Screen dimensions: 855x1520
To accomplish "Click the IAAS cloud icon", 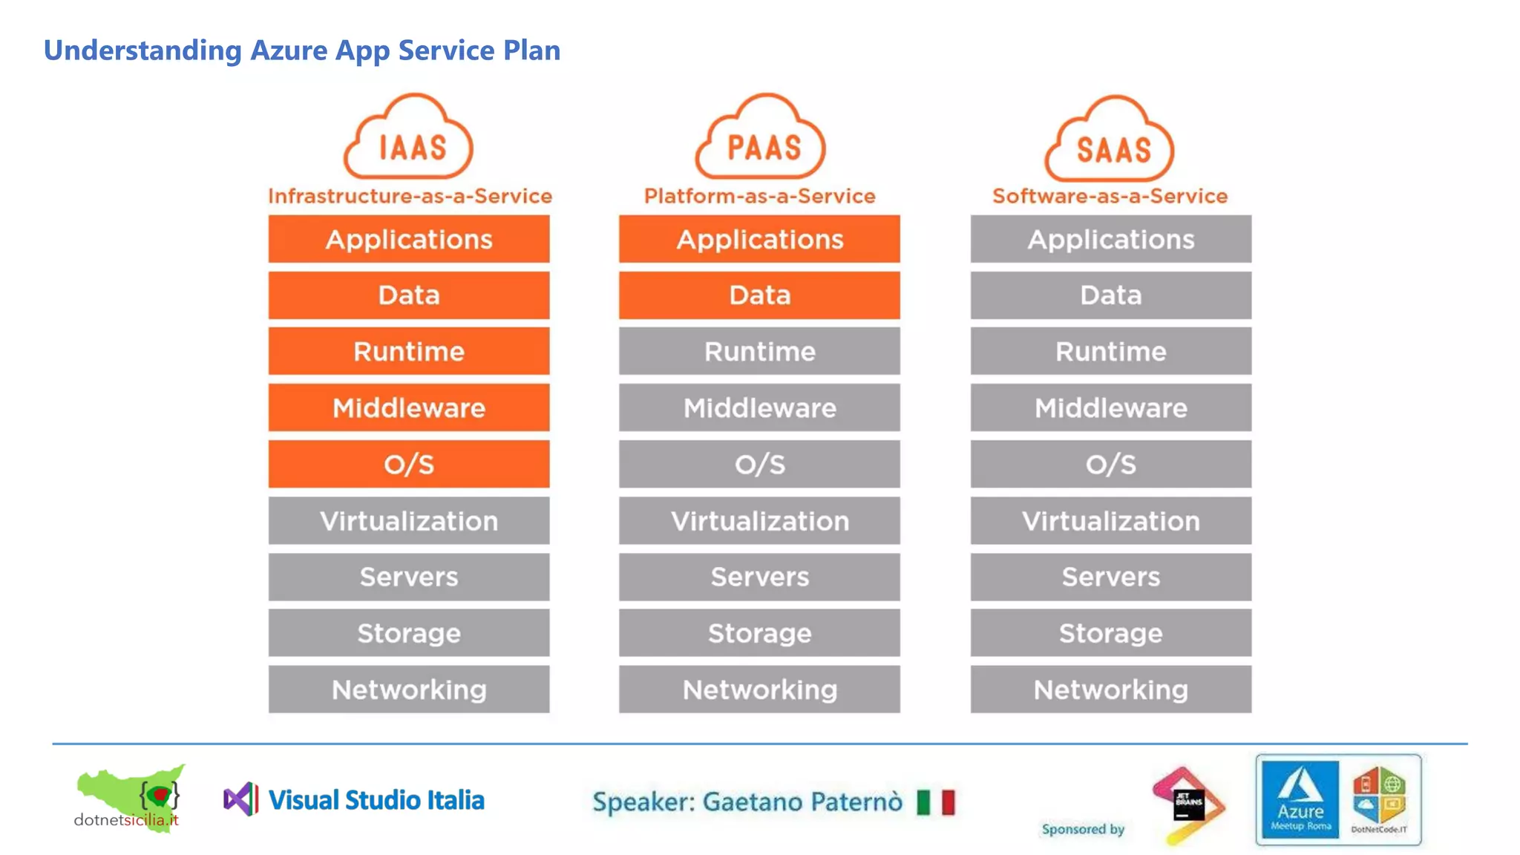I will (408, 138).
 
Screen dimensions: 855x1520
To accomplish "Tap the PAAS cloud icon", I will (760, 138).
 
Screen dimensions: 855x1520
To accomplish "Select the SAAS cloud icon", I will (1110, 140).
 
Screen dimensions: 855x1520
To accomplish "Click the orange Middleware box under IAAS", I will (409, 407).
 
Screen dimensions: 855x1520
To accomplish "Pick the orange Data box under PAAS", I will (759, 295).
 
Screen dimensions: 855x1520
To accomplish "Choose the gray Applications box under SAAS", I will (1110, 239).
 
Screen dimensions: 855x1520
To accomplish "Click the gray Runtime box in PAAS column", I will (759, 351).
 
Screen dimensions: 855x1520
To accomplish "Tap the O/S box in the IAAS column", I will (409, 464).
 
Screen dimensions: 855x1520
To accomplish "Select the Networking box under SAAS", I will (1110, 689).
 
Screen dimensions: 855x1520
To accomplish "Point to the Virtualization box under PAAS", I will (759, 520).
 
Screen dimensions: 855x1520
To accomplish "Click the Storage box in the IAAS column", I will (409, 633).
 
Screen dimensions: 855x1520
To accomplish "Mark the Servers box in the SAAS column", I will (1110, 577).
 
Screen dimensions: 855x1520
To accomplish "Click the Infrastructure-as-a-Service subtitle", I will (410, 196).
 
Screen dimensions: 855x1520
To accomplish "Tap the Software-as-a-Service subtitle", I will (1110, 196).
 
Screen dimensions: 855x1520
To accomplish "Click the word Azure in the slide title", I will (289, 50).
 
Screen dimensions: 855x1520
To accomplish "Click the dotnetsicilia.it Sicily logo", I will (131, 798).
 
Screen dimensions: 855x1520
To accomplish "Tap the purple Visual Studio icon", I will (241, 799).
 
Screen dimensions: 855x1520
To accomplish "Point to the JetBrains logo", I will (1187, 805).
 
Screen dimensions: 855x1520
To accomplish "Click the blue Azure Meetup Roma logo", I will (1300, 799).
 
